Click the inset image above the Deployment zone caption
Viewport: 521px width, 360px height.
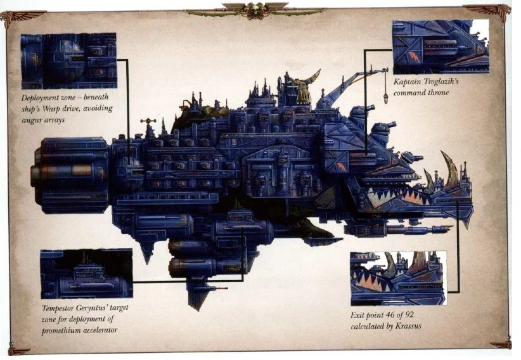[x=68, y=61]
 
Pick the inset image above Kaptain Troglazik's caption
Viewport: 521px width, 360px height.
[x=440, y=47]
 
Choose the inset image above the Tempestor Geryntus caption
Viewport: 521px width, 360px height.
[x=86, y=274]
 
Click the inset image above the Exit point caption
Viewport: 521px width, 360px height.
[x=398, y=278]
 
